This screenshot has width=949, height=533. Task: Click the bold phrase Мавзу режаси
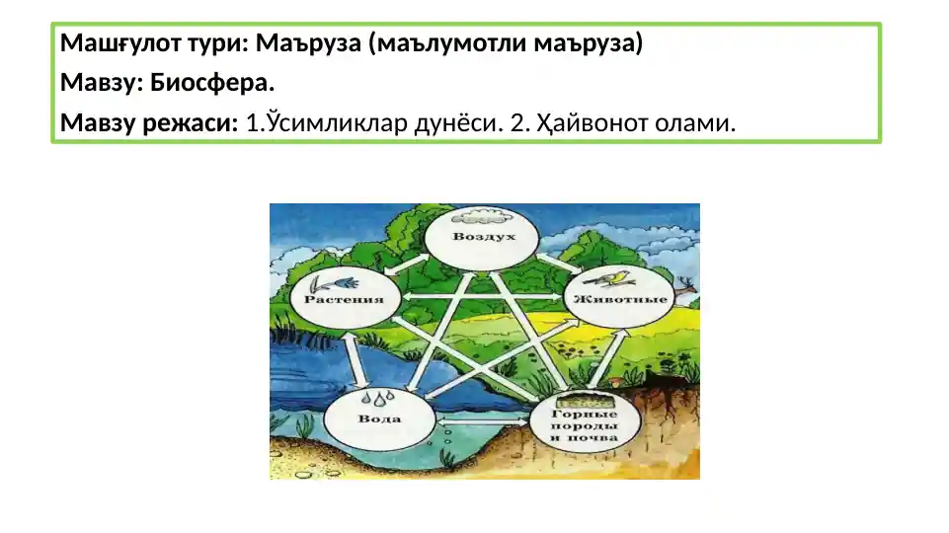149,124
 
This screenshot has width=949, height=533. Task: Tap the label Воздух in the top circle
481,239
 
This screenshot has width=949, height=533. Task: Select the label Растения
344,298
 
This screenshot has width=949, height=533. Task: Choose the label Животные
617,298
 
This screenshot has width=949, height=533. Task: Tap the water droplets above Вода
376,399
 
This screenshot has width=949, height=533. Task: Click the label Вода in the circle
379,419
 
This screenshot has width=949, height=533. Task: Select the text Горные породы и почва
585,426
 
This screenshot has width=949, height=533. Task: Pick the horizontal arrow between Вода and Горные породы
482,421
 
